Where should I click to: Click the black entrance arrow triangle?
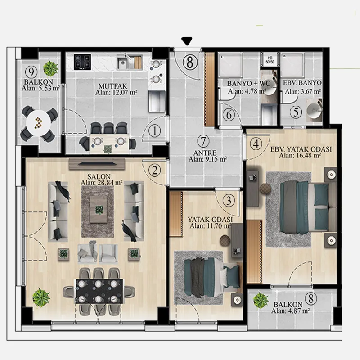click(187, 41)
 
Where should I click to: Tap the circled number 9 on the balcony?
click(31, 72)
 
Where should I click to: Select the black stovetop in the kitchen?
click(82, 62)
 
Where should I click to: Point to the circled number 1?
click(154, 131)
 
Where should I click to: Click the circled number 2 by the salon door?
click(154, 171)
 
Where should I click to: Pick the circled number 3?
click(229, 200)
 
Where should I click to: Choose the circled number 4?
click(256, 144)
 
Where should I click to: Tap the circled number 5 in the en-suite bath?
click(296, 112)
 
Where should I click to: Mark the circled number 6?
click(229, 115)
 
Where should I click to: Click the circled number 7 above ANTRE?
click(203, 141)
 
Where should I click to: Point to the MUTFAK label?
click(113, 86)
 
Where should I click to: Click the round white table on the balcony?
click(38, 122)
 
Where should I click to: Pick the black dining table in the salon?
click(99, 291)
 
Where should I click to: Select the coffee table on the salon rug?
click(99, 209)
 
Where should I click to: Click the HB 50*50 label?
click(270, 60)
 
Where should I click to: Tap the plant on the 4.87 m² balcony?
click(261, 300)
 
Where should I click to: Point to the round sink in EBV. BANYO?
click(314, 111)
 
